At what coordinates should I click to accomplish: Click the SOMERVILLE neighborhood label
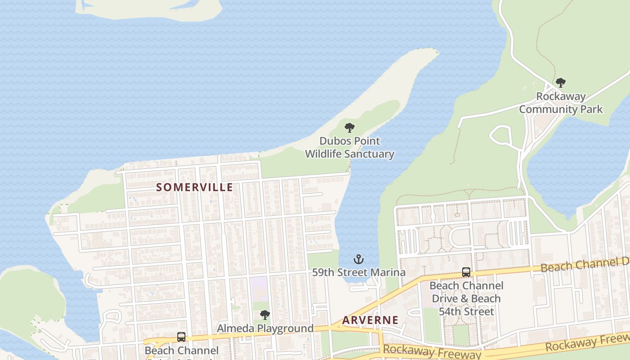[194, 187]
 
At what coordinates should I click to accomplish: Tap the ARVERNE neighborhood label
[370, 320]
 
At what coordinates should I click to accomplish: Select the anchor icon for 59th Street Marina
[359, 259]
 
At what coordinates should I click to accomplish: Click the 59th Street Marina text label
[359, 272]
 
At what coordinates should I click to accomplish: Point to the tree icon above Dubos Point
[349, 128]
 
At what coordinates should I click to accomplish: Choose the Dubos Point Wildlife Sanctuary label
[350, 148]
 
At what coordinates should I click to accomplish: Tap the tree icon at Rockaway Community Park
[560, 83]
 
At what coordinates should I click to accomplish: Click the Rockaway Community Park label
[561, 103]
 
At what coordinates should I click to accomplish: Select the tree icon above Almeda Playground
[265, 315]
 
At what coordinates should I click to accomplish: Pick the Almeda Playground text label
[265, 328]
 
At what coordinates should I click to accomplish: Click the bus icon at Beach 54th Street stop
[466, 272]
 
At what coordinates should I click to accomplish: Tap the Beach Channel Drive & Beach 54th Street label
[466, 298]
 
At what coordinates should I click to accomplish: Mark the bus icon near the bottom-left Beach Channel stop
[181, 337]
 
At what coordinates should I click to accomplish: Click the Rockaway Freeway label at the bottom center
[432, 351]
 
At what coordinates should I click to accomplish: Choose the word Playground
[288, 328]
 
